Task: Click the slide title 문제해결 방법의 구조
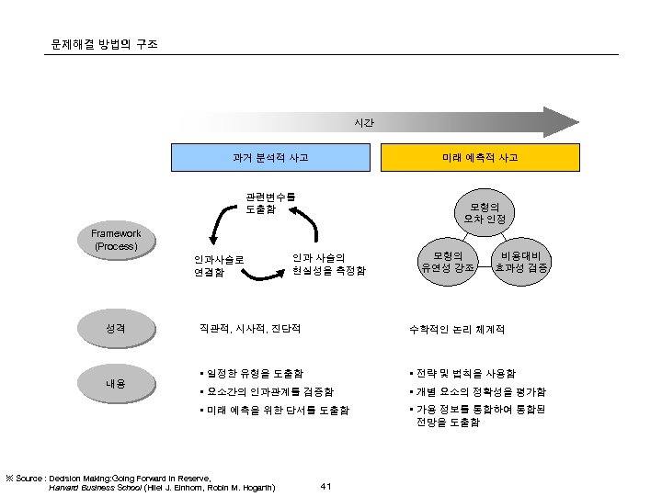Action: click(104, 44)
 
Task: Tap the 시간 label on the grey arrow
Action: click(364, 123)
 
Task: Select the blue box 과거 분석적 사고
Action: click(270, 158)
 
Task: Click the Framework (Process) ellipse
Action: click(116, 240)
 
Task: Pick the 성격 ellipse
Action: click(116, 328)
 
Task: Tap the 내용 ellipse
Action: click(116, 383)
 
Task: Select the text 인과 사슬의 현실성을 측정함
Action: click(328, 264)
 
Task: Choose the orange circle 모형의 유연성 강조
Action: click(447, 261)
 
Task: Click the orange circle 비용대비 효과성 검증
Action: click(521, 261)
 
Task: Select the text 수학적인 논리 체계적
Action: click(462, 329)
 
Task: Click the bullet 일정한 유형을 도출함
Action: click(250, 373)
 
